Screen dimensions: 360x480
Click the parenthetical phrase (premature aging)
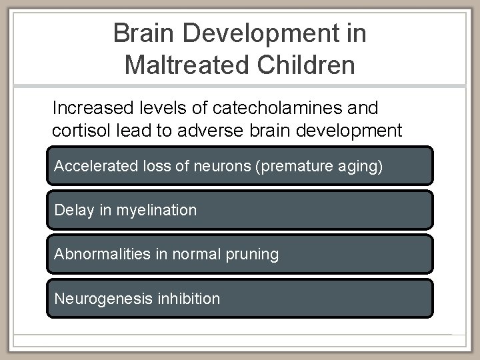coord(319,166)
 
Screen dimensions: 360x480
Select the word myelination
coord(157,210)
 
